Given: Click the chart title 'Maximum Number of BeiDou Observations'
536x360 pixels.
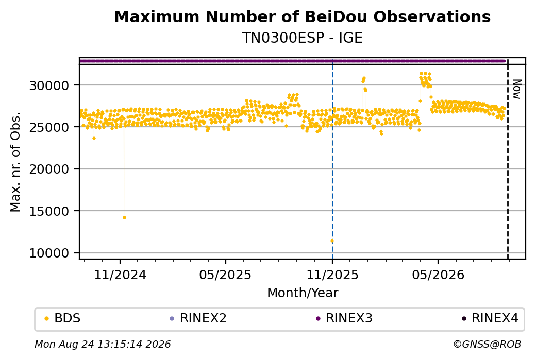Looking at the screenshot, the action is click(302, 16).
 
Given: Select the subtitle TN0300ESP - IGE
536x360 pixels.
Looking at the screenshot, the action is click(302, 38).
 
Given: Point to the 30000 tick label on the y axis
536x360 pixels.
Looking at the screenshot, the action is click(49, 85).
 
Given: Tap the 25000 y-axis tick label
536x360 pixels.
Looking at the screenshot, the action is click(49, 127).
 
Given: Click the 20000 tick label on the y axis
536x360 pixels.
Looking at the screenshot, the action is click(49, 169).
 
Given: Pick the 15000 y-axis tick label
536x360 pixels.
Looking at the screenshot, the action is click(49, 211).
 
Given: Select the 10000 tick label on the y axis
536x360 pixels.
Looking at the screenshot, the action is click(49, 253).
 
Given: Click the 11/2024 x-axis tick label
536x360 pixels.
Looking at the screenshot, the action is click(120, 275).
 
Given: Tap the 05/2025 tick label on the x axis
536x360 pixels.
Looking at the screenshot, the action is click(225, 275).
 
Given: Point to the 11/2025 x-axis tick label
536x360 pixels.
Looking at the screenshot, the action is click(332, 275).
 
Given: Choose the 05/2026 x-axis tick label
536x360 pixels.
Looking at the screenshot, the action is click(438, 275).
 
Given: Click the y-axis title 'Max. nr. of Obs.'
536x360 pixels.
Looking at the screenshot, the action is click(15, 162).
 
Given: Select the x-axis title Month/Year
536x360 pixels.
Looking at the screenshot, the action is click(303, 293).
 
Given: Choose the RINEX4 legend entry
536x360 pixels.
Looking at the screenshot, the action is click(490, 318).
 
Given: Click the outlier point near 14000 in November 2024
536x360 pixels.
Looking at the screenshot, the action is click(124, 217).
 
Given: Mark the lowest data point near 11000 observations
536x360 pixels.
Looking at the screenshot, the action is click(332, 241).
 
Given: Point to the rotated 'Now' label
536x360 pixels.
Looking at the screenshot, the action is click(517, 89).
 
